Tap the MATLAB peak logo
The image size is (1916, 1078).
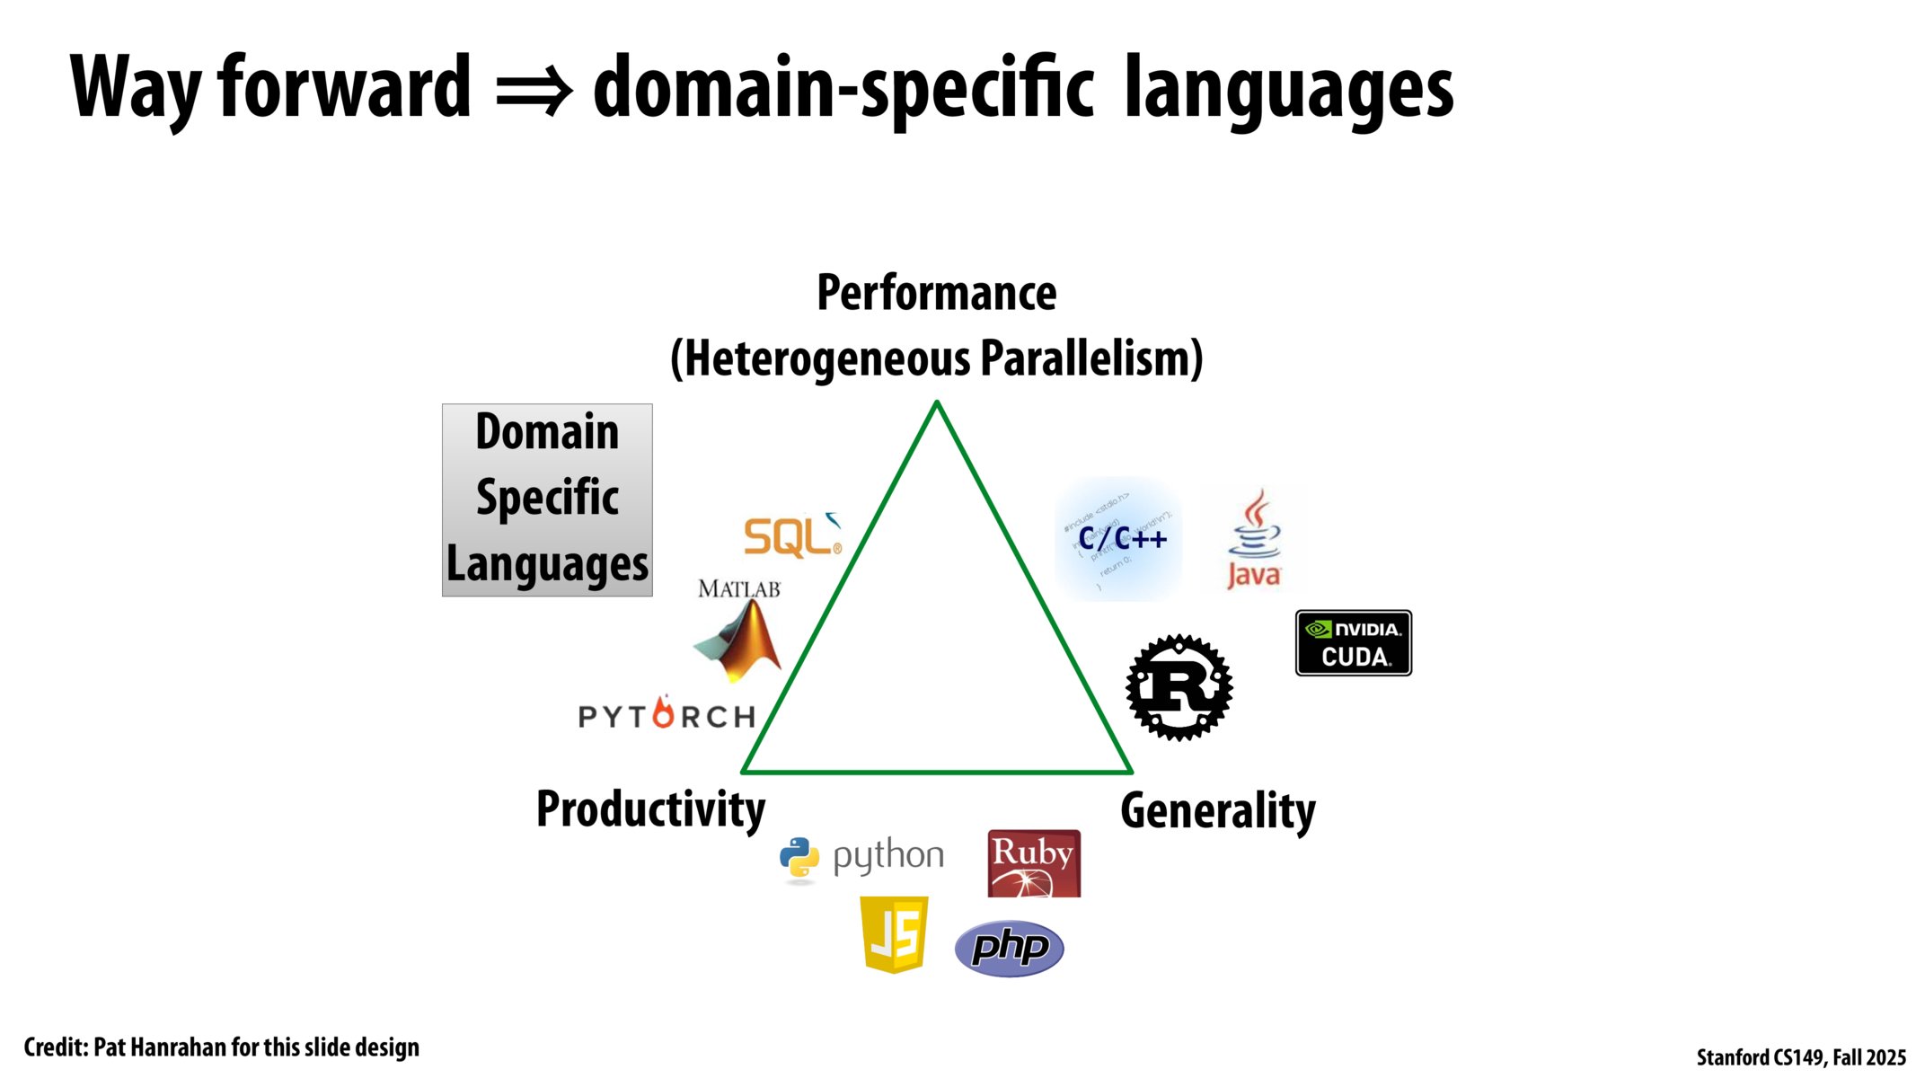[740, 640]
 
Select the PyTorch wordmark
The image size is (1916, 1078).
[667, 714]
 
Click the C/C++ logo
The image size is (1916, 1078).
[1119, 539]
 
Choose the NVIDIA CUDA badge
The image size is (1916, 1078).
[1353, 643]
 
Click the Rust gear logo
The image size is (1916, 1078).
[1179, 687]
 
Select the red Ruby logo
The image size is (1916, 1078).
[1033, 862]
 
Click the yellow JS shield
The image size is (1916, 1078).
[894, 934]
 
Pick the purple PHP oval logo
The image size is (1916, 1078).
[1009, 948]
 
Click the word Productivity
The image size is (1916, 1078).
[650, 809]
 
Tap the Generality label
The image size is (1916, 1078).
[1217, 811]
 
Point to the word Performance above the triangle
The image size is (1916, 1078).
[936, 293]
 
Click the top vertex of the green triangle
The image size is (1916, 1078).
[937, 403]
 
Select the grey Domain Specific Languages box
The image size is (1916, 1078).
[547, 499]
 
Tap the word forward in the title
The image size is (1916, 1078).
[344, 87]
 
